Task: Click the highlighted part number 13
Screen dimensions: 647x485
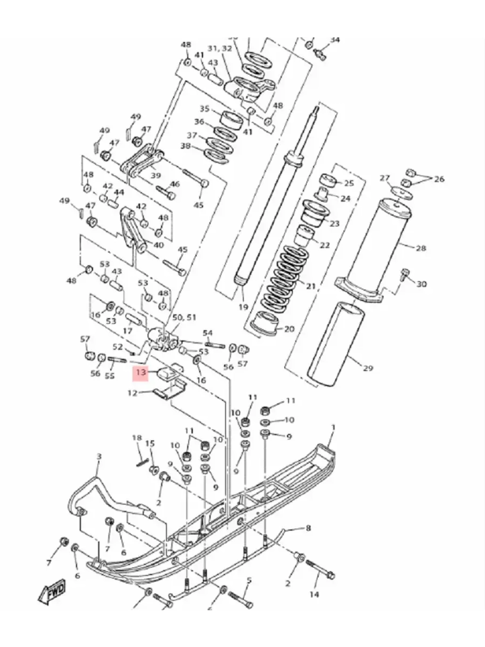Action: tap(141, 372)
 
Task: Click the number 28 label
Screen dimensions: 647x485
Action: tap(420, 248)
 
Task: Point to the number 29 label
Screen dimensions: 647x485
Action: tap(368, 368)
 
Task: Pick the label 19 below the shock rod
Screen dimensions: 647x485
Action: tap(243, 307)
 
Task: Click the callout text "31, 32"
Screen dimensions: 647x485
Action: tap(220, 49)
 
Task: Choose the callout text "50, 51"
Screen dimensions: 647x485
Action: tap(184, 317)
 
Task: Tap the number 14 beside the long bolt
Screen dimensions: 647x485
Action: tap(314, 594)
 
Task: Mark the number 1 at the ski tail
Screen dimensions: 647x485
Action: tap(333, 427)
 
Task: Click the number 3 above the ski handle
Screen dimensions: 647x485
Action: tap(99, 456)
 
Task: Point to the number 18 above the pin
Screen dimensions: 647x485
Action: tap(137, 438)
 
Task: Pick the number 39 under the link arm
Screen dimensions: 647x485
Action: tap(156, 175)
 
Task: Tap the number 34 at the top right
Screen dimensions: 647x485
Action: tap(335, 40)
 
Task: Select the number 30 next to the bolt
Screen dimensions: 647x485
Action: tap(421, 283)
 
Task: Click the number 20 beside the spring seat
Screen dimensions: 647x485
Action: tap(289, 329)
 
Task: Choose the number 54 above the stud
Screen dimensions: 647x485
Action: tap(208, 332)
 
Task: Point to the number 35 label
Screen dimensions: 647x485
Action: tap(204, 108)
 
